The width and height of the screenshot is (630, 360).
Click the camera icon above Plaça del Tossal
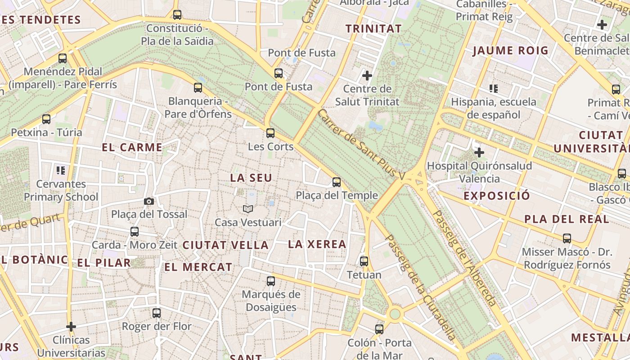point(149,201)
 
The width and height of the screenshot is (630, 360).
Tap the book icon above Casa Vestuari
point(248,209)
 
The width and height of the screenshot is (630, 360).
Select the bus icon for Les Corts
point(270,133)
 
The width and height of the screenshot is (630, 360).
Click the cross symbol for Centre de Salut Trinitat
point(367,75)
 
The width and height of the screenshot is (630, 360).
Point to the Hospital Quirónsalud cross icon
point(479,153)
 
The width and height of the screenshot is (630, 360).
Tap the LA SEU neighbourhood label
point(251,178)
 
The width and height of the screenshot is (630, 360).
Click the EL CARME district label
point(132,148)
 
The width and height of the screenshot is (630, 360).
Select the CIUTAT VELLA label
point(225,245)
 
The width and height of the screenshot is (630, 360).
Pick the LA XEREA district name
point(317,244)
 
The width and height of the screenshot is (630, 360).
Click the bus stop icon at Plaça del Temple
point(337,182)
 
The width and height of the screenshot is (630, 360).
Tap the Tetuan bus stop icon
point(364,261)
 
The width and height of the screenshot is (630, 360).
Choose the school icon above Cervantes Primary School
point(61,171)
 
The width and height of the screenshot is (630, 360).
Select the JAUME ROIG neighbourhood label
point(510,50)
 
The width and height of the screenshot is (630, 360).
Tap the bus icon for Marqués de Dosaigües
point(271,281)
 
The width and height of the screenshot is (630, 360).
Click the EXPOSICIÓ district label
point(497,196)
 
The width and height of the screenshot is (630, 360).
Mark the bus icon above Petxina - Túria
point(46,119)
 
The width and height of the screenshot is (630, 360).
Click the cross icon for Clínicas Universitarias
point(71,326)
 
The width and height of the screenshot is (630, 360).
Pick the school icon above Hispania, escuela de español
point(494,89)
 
